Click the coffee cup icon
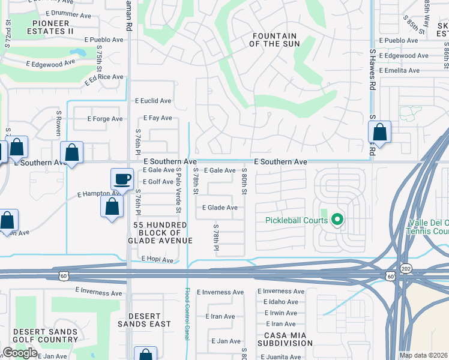[122, 179]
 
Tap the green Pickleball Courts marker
[337, 220]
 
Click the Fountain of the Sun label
[273, 40]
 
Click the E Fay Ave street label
[157, 118]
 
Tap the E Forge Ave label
[107, 119]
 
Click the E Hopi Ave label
[157, 260]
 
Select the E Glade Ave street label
[220, 208]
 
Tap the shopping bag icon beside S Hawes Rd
[379, 131]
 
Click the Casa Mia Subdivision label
[286, 338]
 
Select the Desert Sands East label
[149, 320]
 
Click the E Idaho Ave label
[277, 302]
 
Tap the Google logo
[20, 353]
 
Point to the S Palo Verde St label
[178, 190]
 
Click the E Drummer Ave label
[70, 12]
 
